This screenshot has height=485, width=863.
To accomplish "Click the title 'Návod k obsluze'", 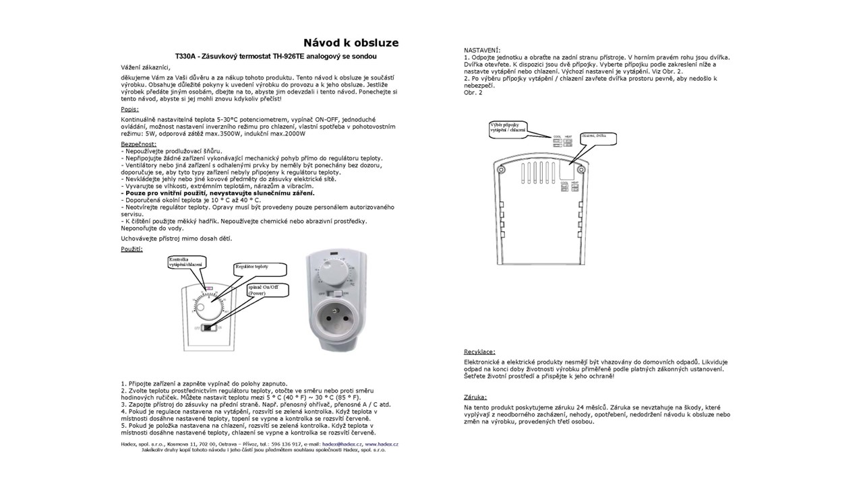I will click(x=351, y=43).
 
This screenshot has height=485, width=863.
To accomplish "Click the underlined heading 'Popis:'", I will click(x=130, y=108).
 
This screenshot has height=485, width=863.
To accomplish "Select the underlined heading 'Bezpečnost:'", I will click(x=138, y=143).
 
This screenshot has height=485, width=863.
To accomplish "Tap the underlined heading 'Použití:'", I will click(x=131, y=249).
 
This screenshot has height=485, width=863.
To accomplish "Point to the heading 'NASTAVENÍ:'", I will click(x=482, y=51).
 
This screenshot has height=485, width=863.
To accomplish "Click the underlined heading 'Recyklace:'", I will click(x=480, y=352).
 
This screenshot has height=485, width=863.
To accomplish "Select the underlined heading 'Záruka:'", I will click(x=475, y=397).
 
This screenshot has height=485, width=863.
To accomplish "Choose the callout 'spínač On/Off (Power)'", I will click(x=268, y=290).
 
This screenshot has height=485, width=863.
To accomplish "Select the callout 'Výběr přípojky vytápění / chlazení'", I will click(x=508, y=127).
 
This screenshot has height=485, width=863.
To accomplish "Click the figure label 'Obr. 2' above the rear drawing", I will click(x=473, y=92).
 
